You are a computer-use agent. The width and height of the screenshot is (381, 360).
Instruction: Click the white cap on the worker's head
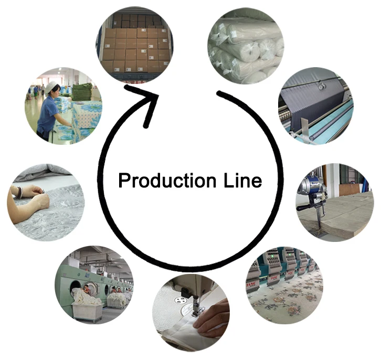click(51, 87)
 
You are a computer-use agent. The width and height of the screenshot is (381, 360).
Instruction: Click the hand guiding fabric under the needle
click(213, 319)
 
